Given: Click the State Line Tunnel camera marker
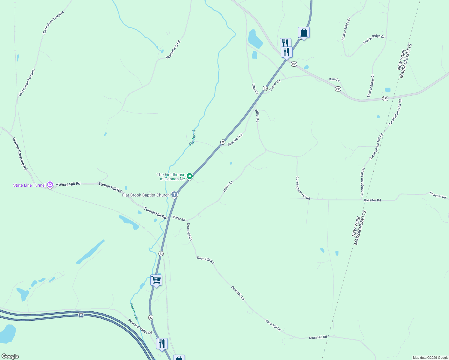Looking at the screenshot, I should pyautogui.click(x=50, y=184).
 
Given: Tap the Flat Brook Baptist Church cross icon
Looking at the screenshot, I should pyautogui.click(x=174, y=195).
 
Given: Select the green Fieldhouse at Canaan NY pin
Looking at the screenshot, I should pyautogui.click(x=189, y=176).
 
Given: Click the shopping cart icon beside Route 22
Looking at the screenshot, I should pyautogui.click(x=156, y=280).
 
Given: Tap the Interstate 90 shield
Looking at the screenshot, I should pyautogui.click(x=81, y=315).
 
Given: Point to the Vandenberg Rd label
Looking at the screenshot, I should pyautogui.click(x=173, y=50).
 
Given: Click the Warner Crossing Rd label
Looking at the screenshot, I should pyautogui.click(x=20, y=154).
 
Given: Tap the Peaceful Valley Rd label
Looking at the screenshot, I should pyautogui.click(x=140, y=327).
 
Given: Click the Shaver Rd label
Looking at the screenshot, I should pyautogui.click(x=275, y=85).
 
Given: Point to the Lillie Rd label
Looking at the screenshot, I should pyautogui.click(x=255, y=89).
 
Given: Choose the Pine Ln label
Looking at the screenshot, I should pyautogui.click(x=334, y=79).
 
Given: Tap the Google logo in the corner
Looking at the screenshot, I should pyautogui.click(x=10, y=356).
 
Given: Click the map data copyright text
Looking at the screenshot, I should pyautogui.click(x=430, y=358).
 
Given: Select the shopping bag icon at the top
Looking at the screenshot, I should pyautogui.click(x=304, y=32).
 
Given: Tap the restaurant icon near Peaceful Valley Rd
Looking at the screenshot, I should pyautogui.click(x=162, y=344).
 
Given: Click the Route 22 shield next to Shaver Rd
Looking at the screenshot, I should pyautogui.click(x=265, y=88).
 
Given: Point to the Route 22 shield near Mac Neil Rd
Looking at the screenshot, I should pyautogui.click(x=223, y=142).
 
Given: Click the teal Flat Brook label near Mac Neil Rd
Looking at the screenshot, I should pyautogui.click(x=192, y=138).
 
